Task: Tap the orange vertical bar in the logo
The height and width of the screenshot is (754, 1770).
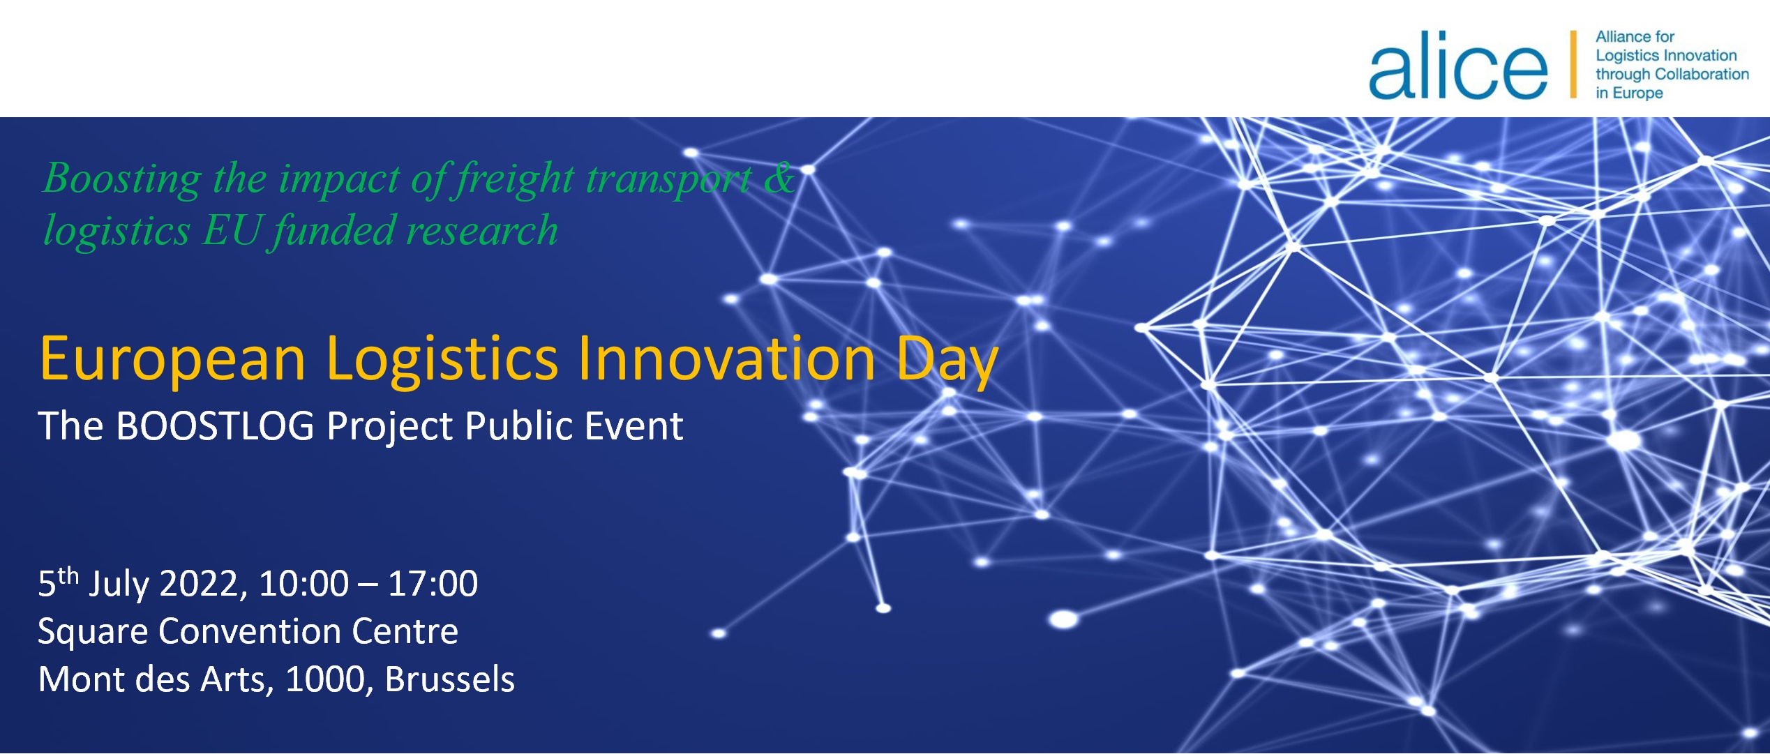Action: [x=1573, y=64]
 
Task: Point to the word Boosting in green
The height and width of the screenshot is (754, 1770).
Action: [x=123, y=179]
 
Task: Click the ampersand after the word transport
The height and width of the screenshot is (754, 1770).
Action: [x=779, y=177]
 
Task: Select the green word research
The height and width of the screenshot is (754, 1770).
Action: [x=482, y=231]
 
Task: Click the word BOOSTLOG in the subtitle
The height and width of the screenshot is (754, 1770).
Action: [x=216, y=425]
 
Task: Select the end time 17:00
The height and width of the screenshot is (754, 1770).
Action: [x=433, y=583]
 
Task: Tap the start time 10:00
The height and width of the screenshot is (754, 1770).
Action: [x=303, y=583]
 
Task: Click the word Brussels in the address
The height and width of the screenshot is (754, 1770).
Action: [x=450, y=679]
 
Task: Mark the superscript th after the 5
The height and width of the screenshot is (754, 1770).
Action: [x=68, y=575]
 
